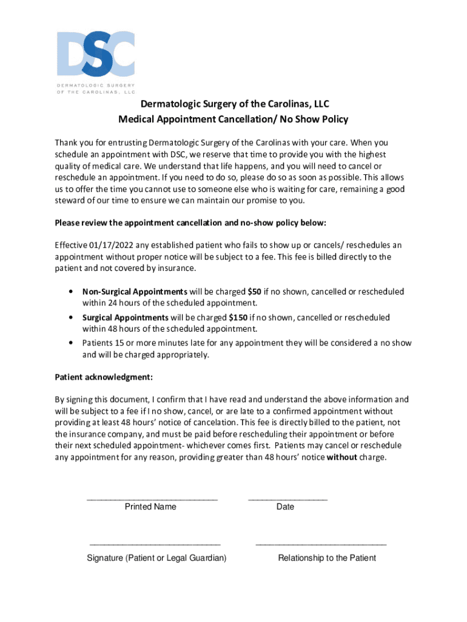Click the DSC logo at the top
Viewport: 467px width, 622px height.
click(95, 52)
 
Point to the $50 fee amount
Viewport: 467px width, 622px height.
click(255, 292)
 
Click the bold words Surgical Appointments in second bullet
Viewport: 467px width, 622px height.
click(125, 317)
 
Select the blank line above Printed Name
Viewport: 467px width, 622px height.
click(152, 499)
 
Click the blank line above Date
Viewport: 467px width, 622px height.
click(287, 499)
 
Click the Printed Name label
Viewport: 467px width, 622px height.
click(150, 507)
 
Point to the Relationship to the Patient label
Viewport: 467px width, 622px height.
click(327, 558)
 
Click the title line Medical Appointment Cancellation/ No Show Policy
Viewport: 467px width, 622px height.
click(233, 119)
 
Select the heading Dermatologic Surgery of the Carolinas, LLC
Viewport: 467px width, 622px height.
click(233, 104)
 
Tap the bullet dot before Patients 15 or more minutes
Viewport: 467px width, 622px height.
click(72, 343)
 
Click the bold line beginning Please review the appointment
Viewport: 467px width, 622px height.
click(190, 223)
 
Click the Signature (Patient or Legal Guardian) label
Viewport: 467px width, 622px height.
click(156, 558)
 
